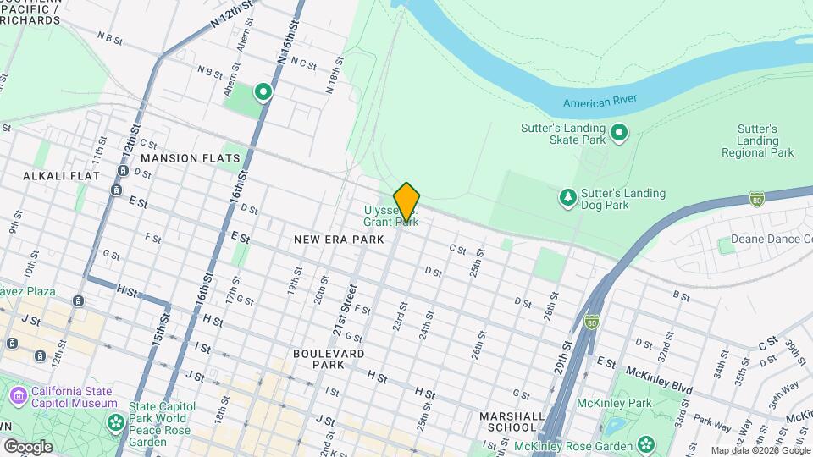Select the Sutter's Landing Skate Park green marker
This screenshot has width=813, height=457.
[619, 131]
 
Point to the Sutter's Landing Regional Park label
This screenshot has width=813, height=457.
[757, 140]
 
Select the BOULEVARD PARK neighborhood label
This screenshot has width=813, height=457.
[329, 358]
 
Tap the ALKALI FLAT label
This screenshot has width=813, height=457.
[61, 176]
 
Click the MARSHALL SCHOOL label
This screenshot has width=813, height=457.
[512, 421]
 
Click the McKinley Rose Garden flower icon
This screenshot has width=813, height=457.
[646, 443]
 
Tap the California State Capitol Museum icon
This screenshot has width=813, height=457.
[19, 396]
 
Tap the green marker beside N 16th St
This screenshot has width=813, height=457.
[263, 91]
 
